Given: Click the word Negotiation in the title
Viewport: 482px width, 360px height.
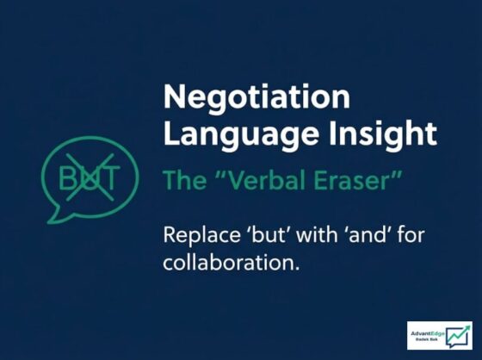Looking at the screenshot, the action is [x=256, y=97].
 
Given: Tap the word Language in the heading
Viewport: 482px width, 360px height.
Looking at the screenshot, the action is [x=241, y=134].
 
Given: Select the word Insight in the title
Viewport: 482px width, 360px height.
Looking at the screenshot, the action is [x=383, y=133].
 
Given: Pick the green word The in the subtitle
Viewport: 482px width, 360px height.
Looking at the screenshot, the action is [x=185, y=180].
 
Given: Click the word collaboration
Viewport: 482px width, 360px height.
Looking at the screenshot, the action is [x=231, y=262].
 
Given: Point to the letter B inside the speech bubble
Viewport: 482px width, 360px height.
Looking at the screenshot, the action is [x=67, y=177].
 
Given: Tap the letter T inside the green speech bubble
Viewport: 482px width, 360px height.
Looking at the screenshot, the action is [x=111, y=177].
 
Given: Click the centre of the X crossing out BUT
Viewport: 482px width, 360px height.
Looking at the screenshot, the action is [x=90, y=177].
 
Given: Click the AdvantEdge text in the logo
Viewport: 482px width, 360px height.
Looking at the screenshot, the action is [x=428, y=333].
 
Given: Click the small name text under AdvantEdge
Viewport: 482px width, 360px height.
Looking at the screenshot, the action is [x=426, y=339].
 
